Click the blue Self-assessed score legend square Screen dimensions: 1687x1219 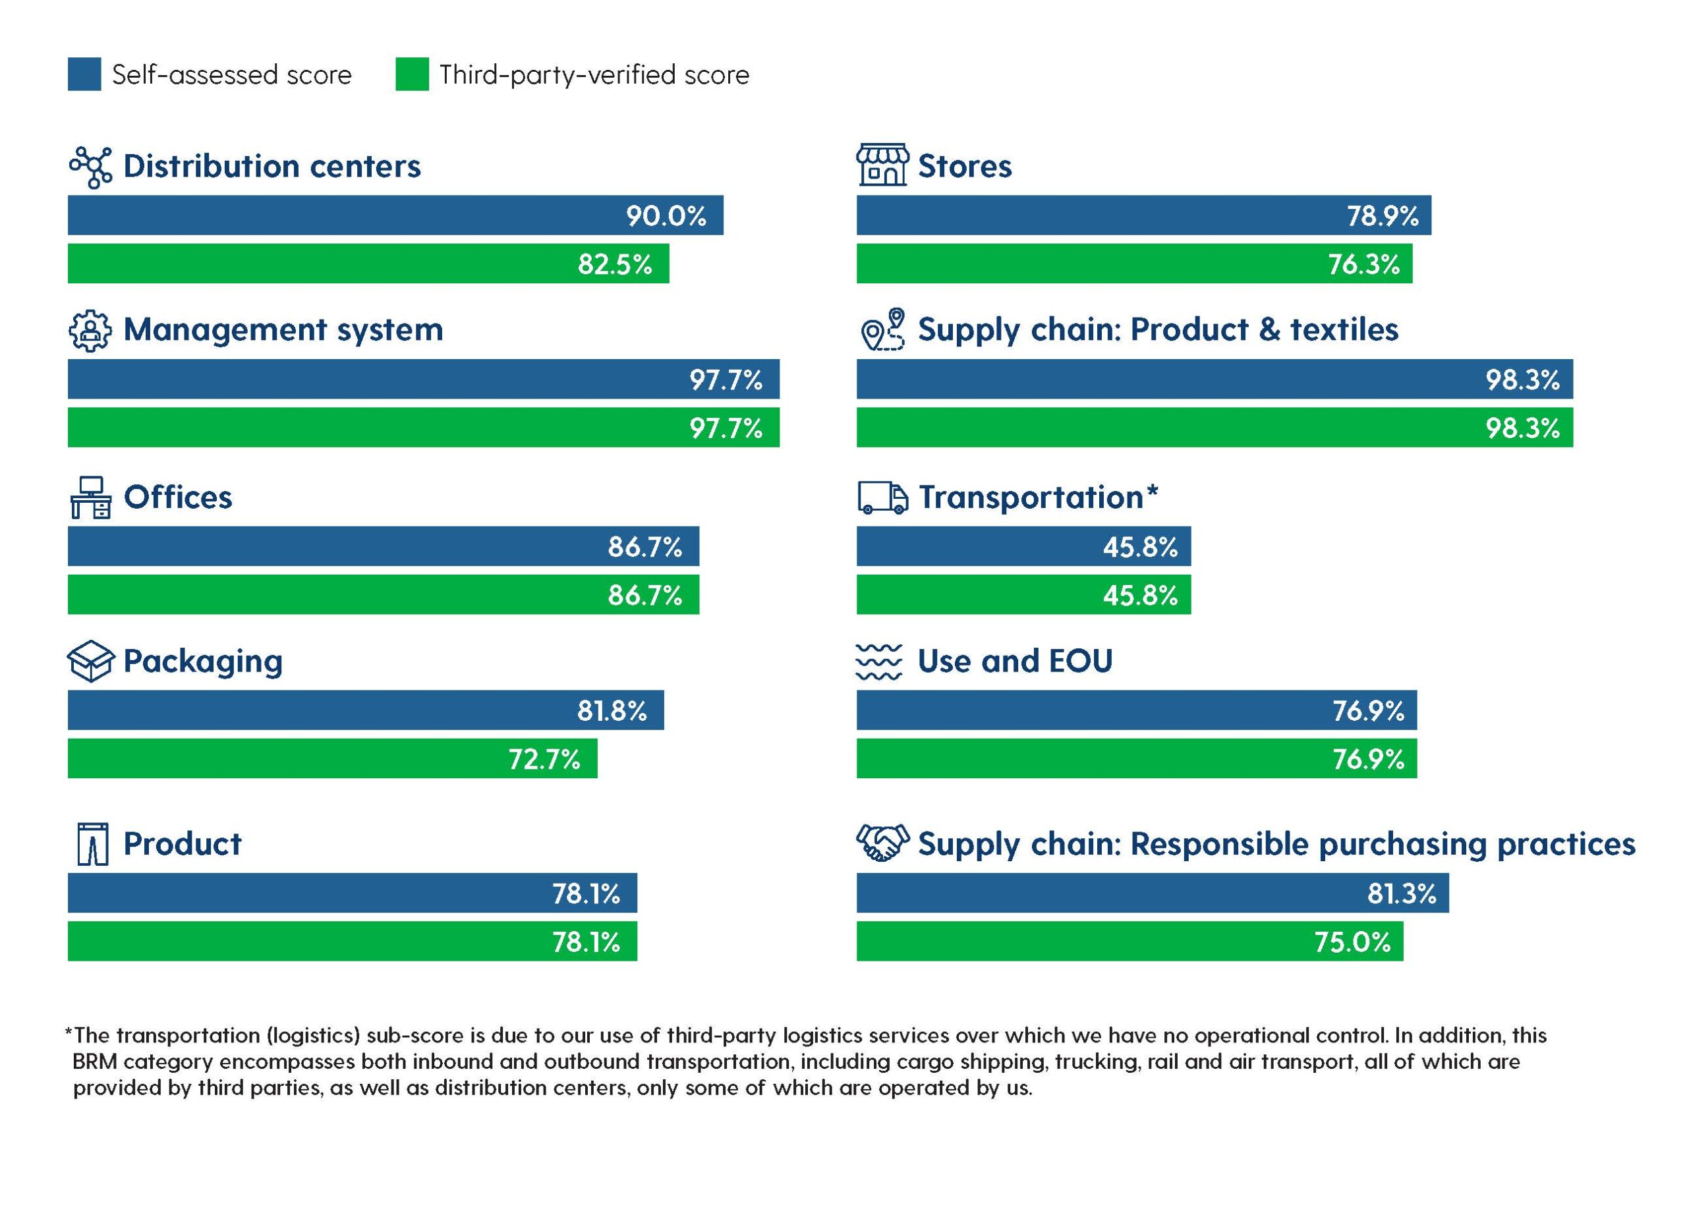point(84,74)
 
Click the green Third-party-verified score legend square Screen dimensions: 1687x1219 point(412,74)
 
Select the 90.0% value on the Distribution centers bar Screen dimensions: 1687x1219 point(666,215)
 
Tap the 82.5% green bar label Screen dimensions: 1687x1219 point(614,264)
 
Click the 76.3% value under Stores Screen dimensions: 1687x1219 point(1363,264)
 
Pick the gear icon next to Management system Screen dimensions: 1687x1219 point(90,330)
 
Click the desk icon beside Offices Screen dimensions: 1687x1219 point(90,497)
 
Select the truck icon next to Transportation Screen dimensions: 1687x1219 point(883,497)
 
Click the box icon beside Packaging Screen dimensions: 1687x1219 point(91,661)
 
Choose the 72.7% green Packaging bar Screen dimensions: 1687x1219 point(333,758)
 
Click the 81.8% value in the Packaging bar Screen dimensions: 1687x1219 point(612,711)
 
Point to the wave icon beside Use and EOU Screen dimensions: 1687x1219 point(879,661)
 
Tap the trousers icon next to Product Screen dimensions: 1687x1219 point(93,843)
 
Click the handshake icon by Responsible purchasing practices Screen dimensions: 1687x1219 point(883,843)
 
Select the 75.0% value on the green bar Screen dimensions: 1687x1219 point(1352,942)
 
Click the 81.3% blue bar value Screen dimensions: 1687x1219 point(1402,893)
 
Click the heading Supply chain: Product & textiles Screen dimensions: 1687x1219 point(1158,329)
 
